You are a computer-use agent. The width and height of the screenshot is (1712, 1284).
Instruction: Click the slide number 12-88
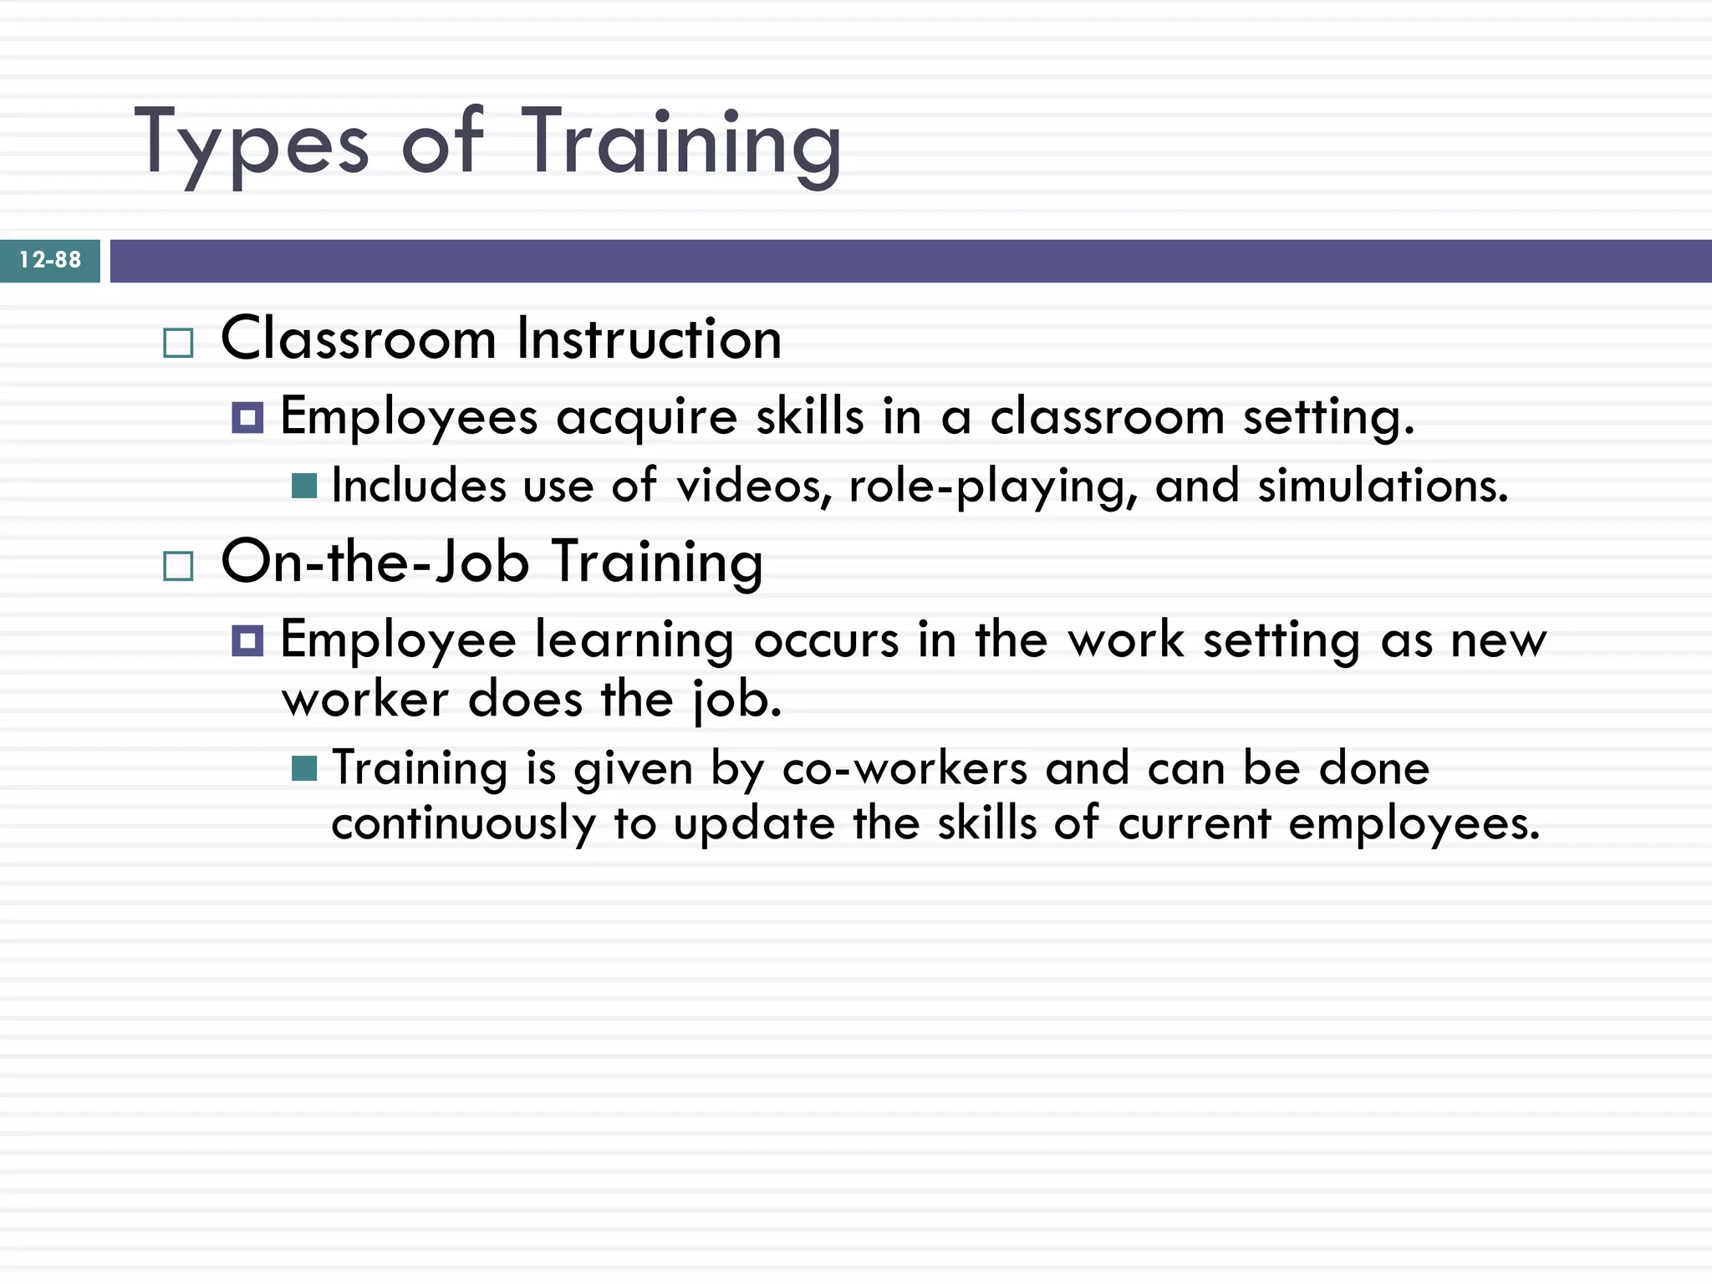click(50, 260)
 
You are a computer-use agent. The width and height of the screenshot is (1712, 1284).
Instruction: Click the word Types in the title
click(251, 144)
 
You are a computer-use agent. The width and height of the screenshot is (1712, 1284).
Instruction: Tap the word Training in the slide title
click(680, 144)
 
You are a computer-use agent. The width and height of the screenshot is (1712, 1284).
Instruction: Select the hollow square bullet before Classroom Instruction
click(178, 343)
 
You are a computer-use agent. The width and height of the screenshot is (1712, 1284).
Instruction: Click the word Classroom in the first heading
click(359, 339)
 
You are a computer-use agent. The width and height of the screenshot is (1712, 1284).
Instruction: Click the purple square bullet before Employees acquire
click(247, 417)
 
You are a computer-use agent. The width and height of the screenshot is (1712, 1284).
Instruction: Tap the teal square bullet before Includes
click(304, 486)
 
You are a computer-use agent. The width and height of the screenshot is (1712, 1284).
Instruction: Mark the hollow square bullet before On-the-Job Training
click(178, 566)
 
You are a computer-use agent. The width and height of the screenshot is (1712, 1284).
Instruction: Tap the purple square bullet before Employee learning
click(247, 641)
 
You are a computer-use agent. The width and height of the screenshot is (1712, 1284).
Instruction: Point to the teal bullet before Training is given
click(304, 768)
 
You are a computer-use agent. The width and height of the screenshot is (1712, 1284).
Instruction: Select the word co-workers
click(904, 768)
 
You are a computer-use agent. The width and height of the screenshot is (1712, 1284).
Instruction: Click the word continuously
click(463, 824)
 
